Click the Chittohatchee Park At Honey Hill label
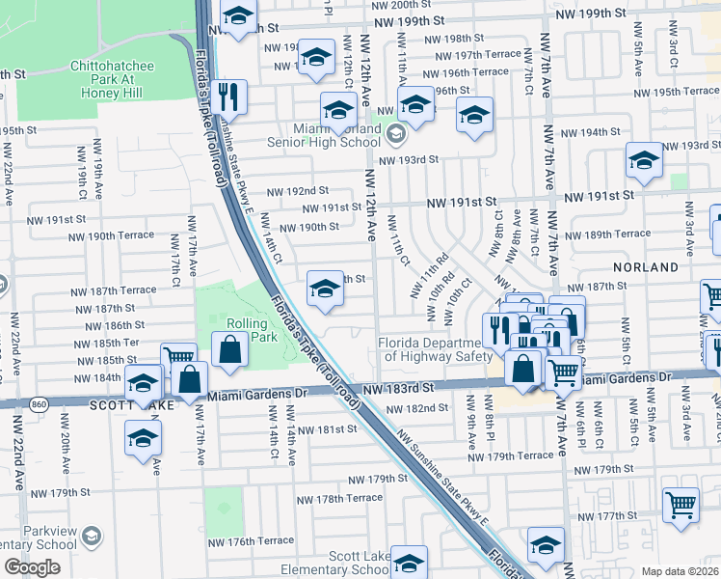[x=107, y=80]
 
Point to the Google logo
[x=32, y=567]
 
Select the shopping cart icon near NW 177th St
[x=681, y=503]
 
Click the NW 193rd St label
[x=408, y=159]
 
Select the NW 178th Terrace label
[x=339, y=499]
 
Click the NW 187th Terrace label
[x=113, y=290]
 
